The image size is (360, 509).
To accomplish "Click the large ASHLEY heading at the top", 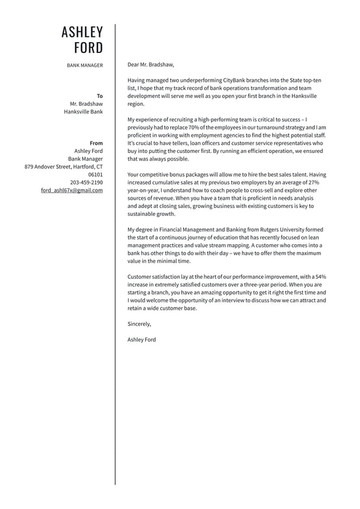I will click(x=82, y=32).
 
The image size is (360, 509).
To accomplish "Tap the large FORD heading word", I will click(x=88, y=48).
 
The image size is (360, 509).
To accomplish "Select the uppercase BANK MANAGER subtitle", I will click(x=85, y=65).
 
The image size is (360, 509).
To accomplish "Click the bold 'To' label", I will click(x=100, y=96).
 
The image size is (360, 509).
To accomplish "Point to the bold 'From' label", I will click(x=96, y=143).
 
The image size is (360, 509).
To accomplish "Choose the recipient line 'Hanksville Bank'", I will click(x=83, y=112).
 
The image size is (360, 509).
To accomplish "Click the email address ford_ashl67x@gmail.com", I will click(x=72, y=190).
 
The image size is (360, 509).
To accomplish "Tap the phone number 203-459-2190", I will click(x=86, y=183).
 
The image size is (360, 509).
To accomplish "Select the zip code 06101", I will click(x=96, y=175).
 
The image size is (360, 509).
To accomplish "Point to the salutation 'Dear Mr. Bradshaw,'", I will click(x=150, y=64).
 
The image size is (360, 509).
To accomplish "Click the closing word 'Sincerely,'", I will click(x=139, y=324).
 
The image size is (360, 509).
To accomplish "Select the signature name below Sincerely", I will click(x=142, y=339).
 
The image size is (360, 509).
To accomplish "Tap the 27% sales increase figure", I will click(x=313, y=183).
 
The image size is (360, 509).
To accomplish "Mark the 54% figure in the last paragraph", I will click(x=320, y=276).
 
